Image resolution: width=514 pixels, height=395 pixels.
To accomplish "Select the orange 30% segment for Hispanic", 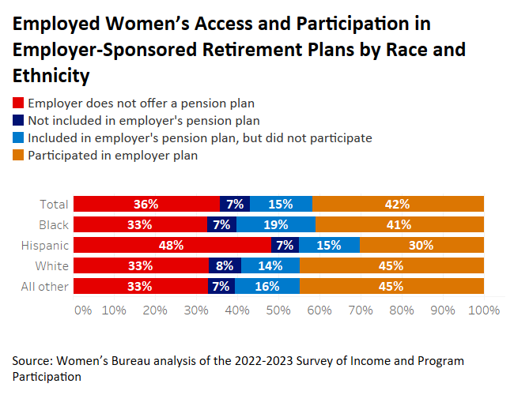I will pyautogui.click(x=421, y=245).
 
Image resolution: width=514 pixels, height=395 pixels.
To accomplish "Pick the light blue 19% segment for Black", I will pyautogui.click(x=276, y=224).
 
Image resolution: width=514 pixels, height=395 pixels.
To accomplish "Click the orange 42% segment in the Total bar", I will pyautogui.click(x=398, y=204).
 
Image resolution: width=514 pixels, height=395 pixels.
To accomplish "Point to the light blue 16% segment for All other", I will pyautogui.click(x=267, y=286).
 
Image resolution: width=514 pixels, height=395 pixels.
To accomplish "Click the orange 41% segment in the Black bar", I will pyautogui.click(x=399, y=224).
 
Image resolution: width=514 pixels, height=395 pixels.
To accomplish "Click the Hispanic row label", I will pyautogui.click(x=46, y=245).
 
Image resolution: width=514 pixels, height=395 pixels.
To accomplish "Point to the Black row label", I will pyautogui.click(x=53, y=224).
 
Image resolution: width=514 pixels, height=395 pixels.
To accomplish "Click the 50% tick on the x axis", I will pyautogui.click(x=278, y=310).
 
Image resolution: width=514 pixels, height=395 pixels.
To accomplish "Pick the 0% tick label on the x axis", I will pyautogui.click(x=82, y=310).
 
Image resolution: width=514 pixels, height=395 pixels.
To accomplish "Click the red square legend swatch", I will pyautogui.click(x=17, y=103).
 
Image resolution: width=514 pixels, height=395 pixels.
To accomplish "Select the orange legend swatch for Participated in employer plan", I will pyautogui.click(x=17, y=156).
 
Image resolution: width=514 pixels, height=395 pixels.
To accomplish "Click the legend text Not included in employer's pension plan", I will pyautogui.click(x=144, y=121).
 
